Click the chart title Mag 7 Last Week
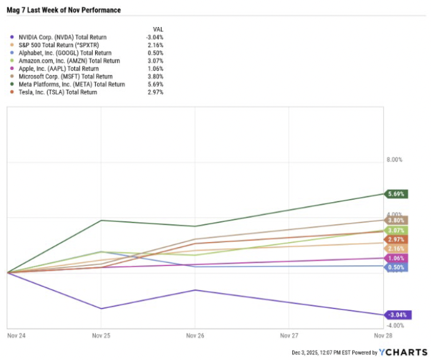63,10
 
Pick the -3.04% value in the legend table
154,37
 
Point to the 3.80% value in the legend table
155,76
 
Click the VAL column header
157,29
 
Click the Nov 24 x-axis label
17,336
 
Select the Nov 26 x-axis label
195,336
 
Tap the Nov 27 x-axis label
289,336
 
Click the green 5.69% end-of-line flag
397,194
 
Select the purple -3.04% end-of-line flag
396,315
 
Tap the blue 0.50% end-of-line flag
397,267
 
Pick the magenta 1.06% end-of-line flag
397,258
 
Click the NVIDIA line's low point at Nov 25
101,308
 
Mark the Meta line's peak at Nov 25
101,221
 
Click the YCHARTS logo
402,352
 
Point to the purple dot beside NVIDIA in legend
12,37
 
